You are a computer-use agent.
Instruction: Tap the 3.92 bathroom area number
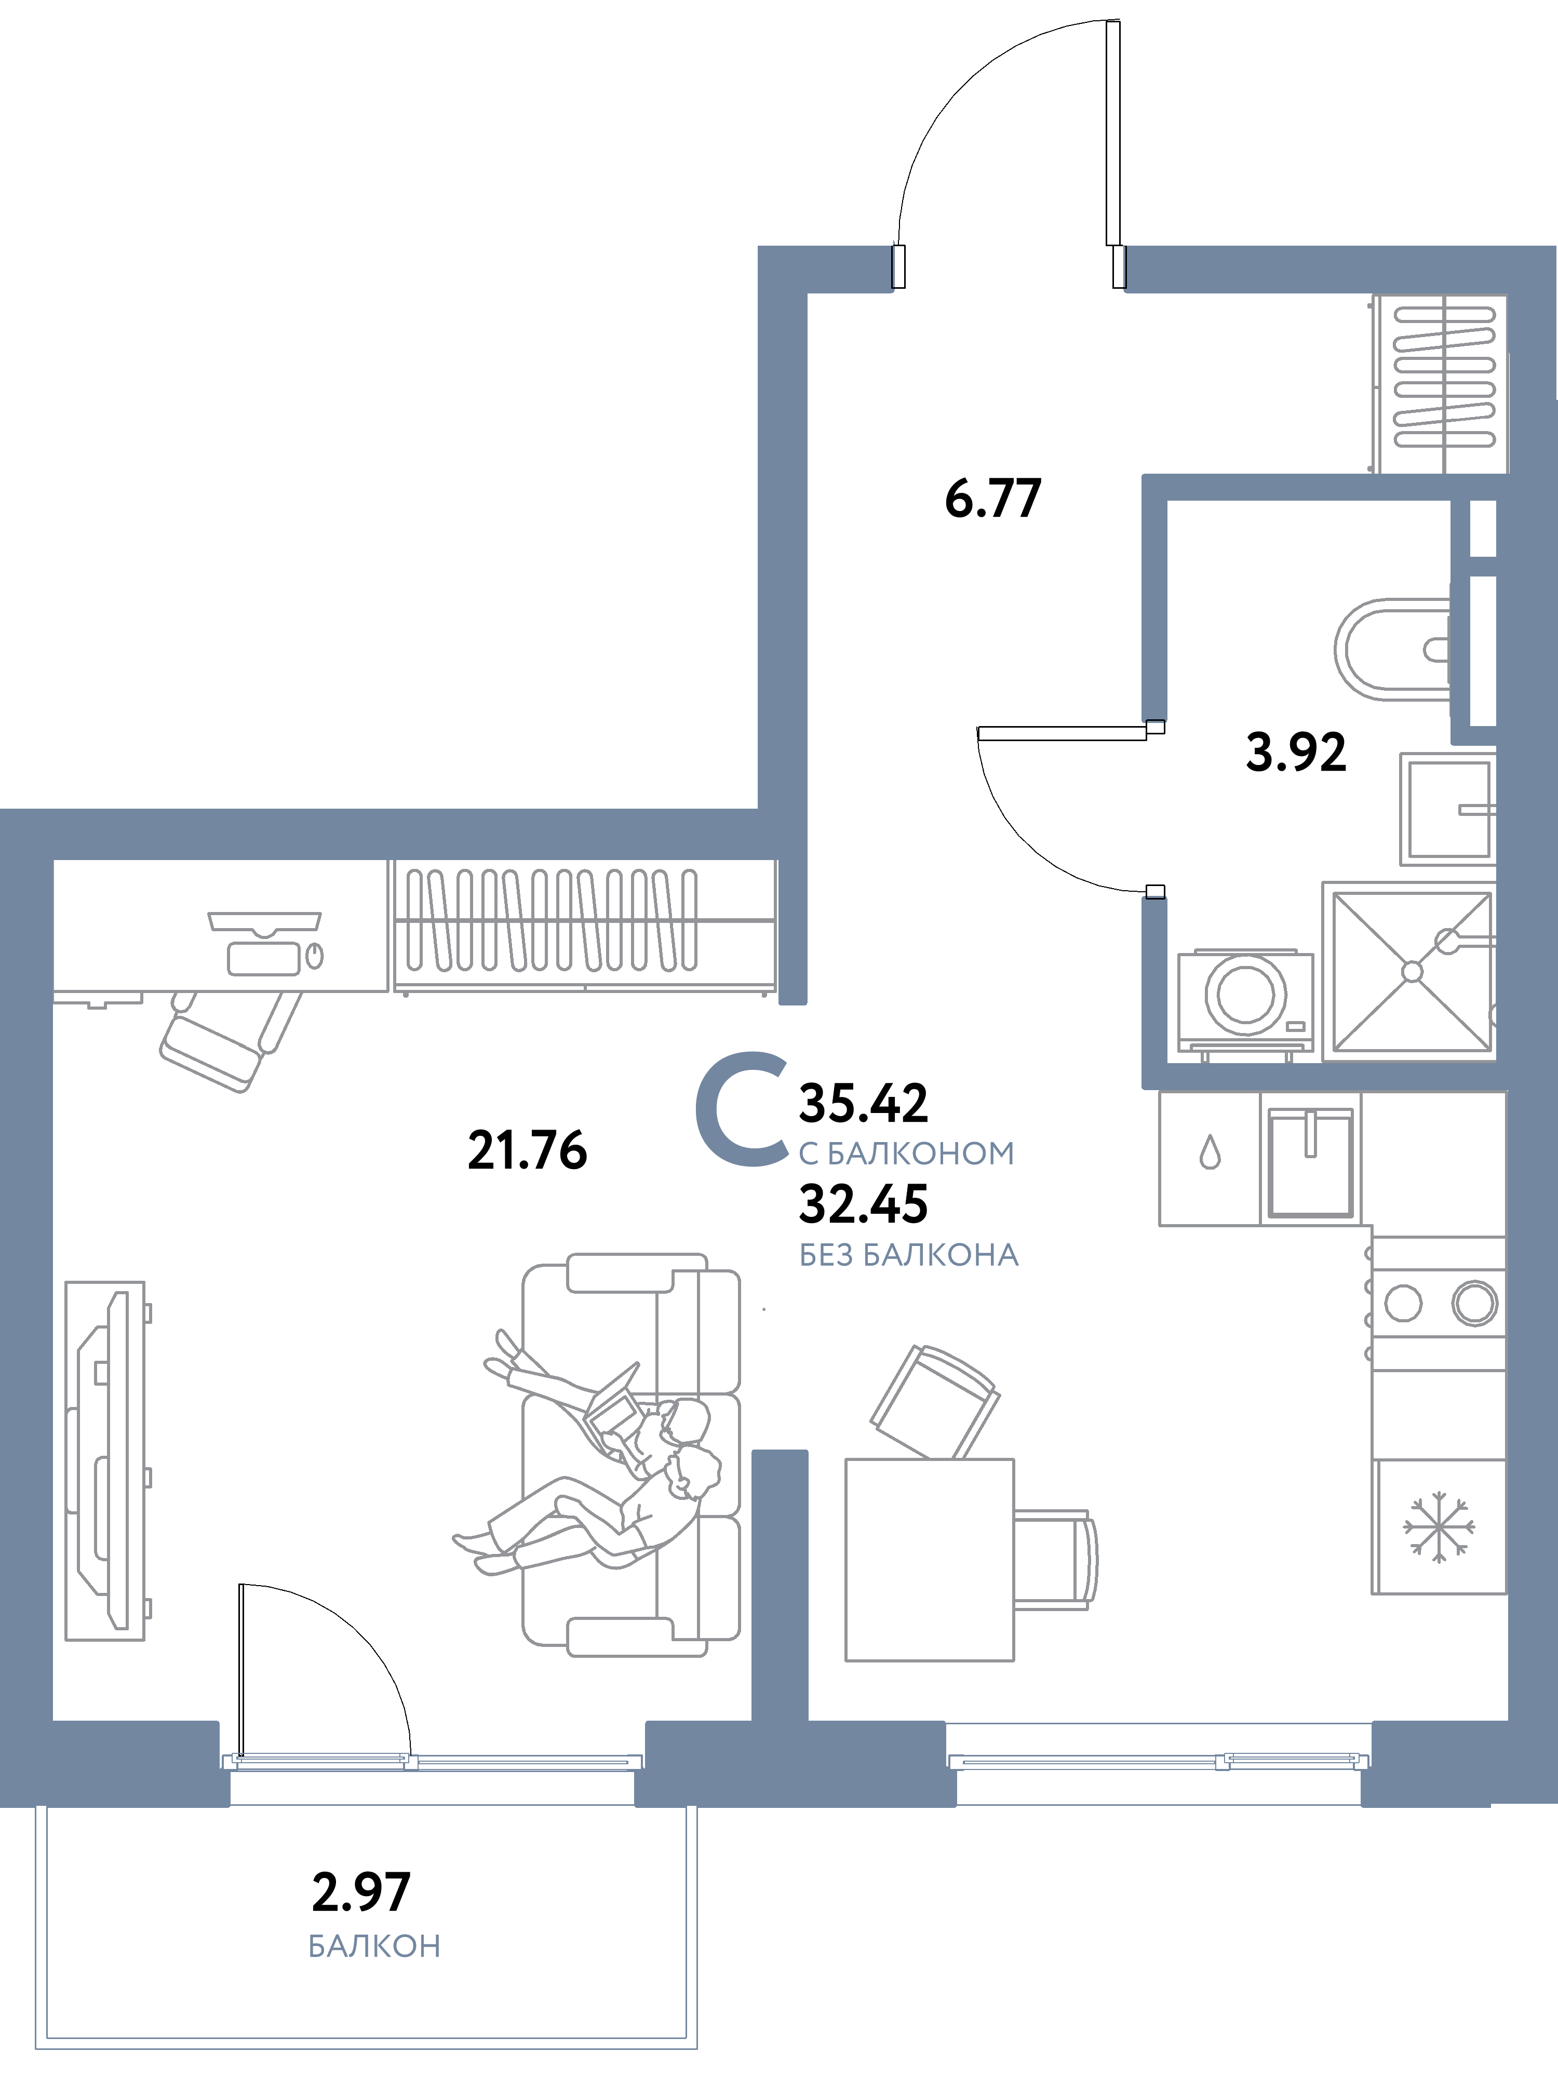(x=1296, y=753)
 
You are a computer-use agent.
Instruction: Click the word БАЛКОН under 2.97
(x=374, y=1946)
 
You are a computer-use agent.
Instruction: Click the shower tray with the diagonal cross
(x=1411, y=972)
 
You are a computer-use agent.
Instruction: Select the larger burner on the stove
(x=1474, y=1303)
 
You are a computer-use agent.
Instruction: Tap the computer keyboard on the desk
(x=263, y=959)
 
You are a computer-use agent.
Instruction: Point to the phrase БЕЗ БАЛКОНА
(x=908, y=1255)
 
